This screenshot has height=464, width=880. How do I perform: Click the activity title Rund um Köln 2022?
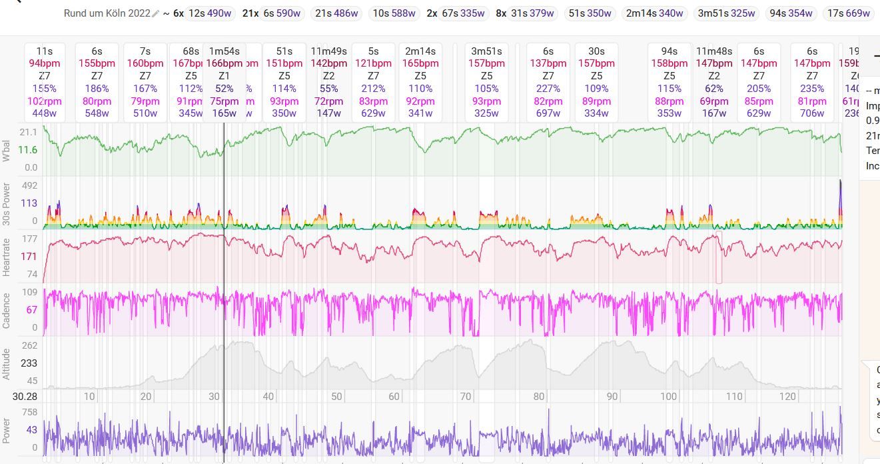[x=107, y=13]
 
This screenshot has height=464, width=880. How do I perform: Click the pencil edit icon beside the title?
[x=156, y=13]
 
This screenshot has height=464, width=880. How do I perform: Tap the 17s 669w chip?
[x=848, y=13]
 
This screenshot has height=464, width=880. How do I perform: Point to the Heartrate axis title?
[x=7, y=257]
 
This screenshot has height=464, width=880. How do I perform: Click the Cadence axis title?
[x=7, y=310]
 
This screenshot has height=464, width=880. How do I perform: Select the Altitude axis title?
[x=7, y=363]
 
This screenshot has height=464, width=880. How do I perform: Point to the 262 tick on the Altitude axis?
[x=29, y=345]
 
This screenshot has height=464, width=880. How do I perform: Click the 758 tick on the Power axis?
[x=29, y=412]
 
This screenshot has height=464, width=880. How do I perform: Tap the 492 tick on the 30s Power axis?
[x=29, y=185]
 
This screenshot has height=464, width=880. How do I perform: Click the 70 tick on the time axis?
[x=465, y=396]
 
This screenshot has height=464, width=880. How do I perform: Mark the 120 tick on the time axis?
[x=787, y=396]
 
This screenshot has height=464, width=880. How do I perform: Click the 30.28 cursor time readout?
[x=25, y=396]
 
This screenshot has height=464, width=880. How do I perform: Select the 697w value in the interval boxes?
[x=548, y=113]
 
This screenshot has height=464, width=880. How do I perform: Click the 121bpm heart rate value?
[x=373, y=63]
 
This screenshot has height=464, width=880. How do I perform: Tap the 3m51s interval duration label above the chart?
[x=486, y=51]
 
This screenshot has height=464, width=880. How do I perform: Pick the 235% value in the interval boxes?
[x=811, y=89]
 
